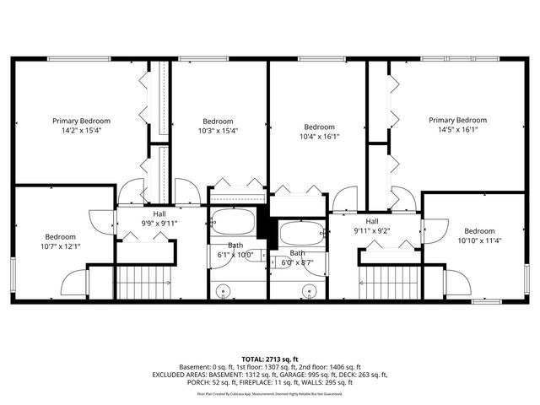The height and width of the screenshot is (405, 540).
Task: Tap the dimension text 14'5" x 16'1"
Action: [457, 130]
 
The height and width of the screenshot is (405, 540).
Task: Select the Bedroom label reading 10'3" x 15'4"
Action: [218, 131]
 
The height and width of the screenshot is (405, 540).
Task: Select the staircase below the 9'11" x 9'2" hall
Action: [389, 281]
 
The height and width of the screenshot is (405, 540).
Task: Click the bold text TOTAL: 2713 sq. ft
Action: [269, 359]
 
